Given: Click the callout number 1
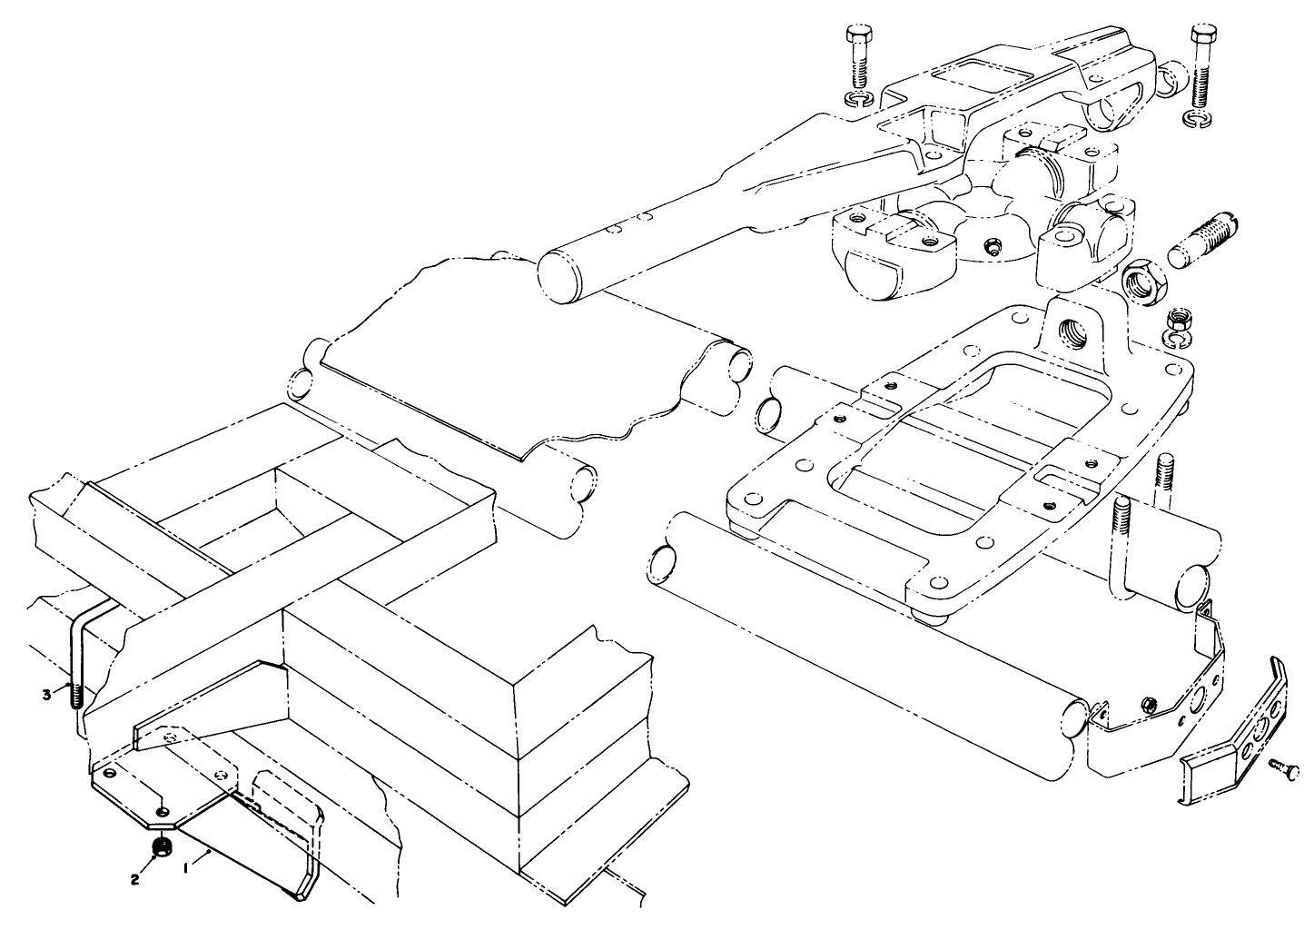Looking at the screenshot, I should coord(186,867).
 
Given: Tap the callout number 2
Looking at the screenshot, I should coord(134,879).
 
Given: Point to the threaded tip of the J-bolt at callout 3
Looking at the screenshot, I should coord(74,694).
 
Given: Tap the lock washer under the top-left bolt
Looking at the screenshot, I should coord(856,97).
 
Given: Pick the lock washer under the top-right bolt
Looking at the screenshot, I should coord(1201,119).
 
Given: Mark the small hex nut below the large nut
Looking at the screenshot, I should coord(1181,319).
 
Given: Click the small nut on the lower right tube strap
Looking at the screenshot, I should coord(1150,704).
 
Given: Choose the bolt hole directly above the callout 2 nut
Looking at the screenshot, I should coord(161,810).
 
